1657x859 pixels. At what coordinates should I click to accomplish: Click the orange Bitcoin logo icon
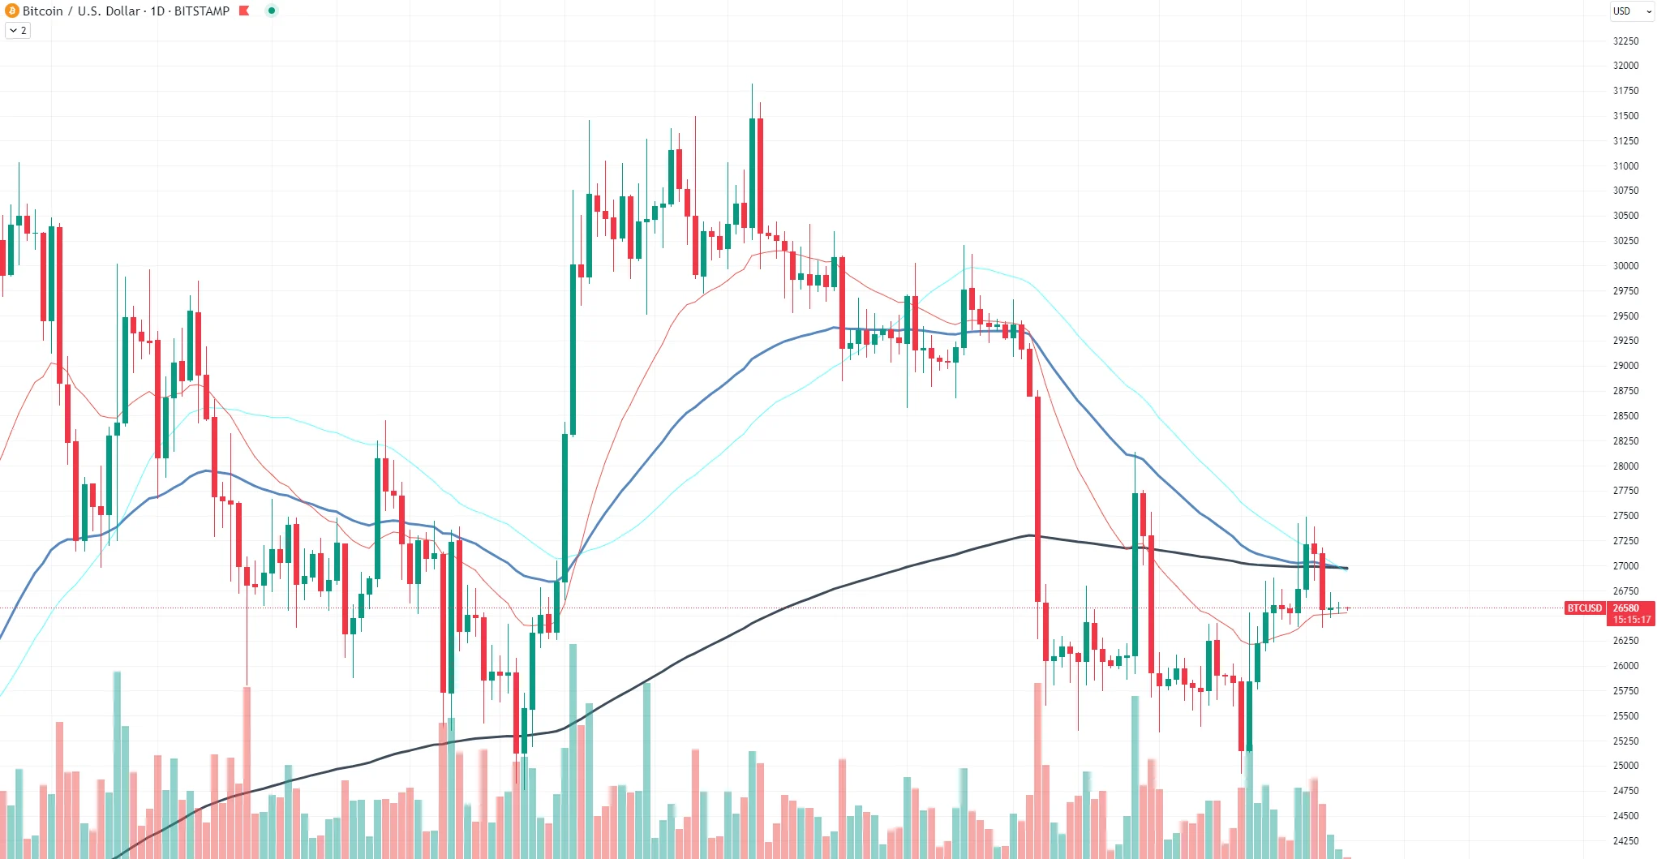tap(12, 11)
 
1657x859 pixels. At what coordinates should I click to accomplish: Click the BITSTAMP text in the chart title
tap(202, 11)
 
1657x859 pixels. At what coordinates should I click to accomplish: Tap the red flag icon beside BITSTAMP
tap(244, 11)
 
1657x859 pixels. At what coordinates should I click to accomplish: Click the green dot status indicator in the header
tap(272, 11)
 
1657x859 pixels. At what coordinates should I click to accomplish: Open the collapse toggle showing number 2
tap(18, 30)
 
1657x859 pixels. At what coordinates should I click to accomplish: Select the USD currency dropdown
tap(1631, 11)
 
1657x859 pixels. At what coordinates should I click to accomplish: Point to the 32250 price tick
tap(1625, 41)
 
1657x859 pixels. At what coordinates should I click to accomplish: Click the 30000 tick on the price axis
tap(1625, 265)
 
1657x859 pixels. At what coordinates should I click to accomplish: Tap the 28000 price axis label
tap(1625, 466)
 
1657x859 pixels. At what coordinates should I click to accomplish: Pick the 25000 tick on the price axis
tap(1625, 765)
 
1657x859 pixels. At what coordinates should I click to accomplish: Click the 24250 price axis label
tap(1625, 840)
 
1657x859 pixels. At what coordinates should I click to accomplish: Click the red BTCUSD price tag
tap(1584, 608)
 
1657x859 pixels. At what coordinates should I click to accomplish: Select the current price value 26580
tap(1625, 608)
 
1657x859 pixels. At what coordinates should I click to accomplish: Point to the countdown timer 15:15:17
tap(1631, 620)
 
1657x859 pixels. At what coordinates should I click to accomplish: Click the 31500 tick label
tap(1625, 115)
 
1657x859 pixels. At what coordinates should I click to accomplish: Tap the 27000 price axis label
tap(1625, 565)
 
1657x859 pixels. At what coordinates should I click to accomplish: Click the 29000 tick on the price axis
tap(1625, 365)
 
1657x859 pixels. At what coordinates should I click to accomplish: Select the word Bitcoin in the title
tap(43, 11)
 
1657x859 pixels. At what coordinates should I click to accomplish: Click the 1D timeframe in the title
tap(157, 11)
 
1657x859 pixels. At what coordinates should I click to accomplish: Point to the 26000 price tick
tap(1625, 665)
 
